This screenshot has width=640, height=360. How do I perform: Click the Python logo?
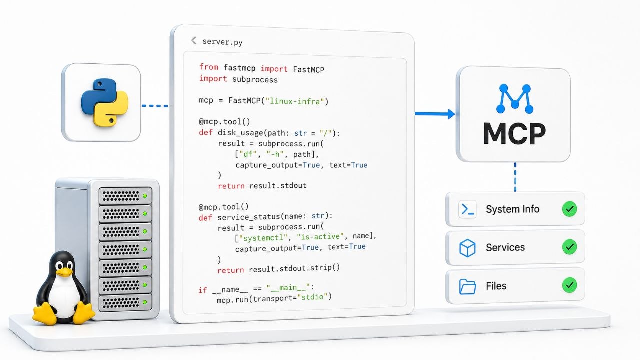pos(104,102)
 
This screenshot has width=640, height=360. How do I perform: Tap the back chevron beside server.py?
pos(194,40)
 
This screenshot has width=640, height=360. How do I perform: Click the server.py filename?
pos(222,42)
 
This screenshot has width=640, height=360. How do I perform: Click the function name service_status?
pos(249,217)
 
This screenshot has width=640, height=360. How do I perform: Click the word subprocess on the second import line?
pos(255,79)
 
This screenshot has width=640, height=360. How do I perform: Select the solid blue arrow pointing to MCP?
pos(435,114)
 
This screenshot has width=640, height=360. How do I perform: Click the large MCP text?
pos(514,133)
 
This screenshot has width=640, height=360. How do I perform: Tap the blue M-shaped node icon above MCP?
pos(515,99)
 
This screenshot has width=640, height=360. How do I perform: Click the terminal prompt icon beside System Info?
pos(467,209)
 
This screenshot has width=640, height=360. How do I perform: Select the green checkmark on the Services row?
pos(569,247)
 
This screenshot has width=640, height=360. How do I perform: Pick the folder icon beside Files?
pos(467,286)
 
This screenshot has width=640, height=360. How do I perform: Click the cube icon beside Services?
pos(467,248)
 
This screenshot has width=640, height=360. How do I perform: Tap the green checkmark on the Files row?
pos(569,285)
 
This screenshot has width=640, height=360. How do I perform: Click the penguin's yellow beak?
pos(64,272)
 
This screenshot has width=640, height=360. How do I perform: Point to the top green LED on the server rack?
pos(145,196)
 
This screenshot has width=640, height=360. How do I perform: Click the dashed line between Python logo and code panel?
pos(155,106)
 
